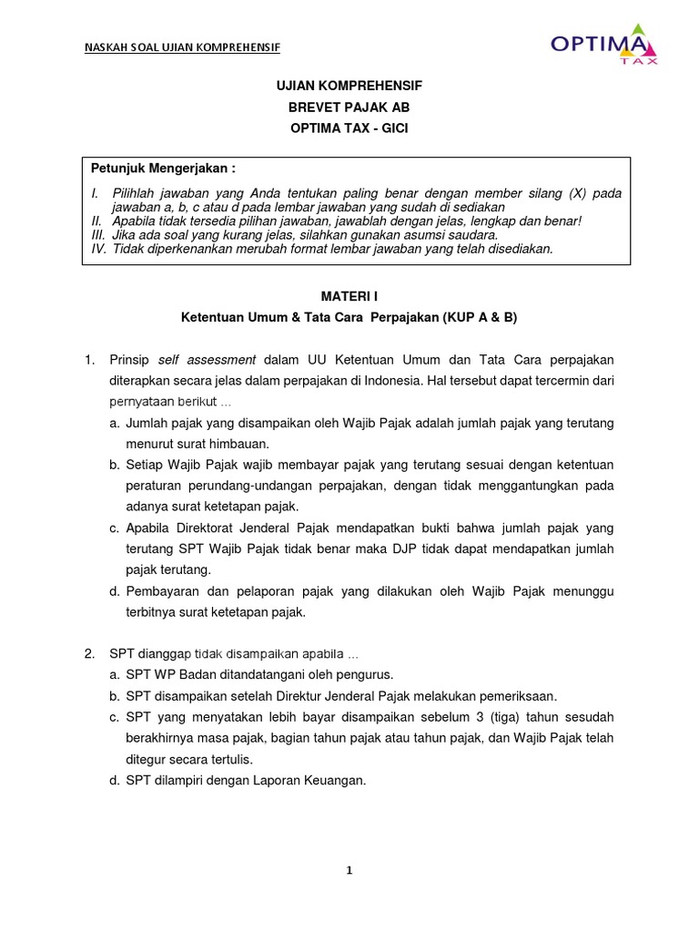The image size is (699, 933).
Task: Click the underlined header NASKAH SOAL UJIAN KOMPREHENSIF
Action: tap(181, 47)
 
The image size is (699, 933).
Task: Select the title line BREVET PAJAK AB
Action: tap(349, 107)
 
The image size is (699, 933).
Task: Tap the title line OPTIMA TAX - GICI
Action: tap(349, 128)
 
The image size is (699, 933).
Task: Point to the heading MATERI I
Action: tap(349, 296)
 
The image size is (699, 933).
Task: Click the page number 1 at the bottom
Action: tap(349, 870)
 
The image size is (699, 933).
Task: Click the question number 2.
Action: tap(89, 654)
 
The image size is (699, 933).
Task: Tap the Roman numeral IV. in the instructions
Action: tap(98, 248)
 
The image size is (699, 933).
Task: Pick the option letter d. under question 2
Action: tap(115, 780)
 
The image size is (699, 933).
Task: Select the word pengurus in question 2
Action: tap(364, 675)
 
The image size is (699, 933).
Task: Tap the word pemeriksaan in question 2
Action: tap(516, 696)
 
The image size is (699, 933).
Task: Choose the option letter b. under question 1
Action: tap(115, 465)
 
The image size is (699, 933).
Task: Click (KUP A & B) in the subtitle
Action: tap(480, 317)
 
